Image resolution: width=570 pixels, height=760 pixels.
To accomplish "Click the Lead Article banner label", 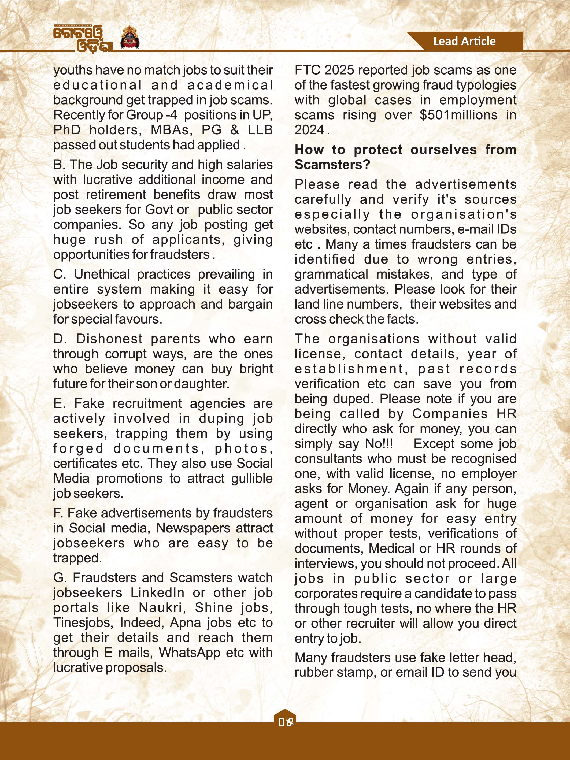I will click(x=464, y=41).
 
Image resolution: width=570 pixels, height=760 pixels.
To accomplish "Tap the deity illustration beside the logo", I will click(x=130, y=38).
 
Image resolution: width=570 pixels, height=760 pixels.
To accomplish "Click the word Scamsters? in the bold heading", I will click(x=332, y=165).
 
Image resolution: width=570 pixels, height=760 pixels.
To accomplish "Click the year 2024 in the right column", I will click(x=309, y=130).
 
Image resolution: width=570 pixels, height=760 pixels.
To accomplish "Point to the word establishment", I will click(x=349, y=369).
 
